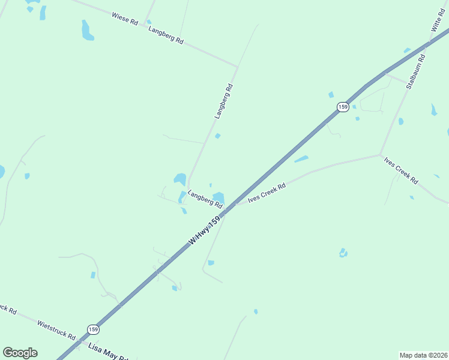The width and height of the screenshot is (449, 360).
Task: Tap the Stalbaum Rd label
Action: pos(415,72)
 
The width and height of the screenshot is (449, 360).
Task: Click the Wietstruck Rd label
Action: pos(56,328)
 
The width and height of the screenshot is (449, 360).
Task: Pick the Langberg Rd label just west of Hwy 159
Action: pos(205,199)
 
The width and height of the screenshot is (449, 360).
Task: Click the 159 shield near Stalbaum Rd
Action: pos(342,107)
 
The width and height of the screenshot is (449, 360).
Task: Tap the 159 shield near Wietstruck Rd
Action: pos(92,329)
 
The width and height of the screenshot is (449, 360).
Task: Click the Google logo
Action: pos(20,352)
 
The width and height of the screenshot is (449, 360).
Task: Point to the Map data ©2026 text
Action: pos(423,355)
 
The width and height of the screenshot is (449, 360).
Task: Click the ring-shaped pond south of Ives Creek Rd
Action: pos(343,253)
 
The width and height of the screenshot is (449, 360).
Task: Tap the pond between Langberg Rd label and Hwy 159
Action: pos(218,197)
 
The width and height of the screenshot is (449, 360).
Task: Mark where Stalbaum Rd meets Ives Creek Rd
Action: pos(380,154)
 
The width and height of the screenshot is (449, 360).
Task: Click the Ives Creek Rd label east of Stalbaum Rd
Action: pos(401,170)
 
